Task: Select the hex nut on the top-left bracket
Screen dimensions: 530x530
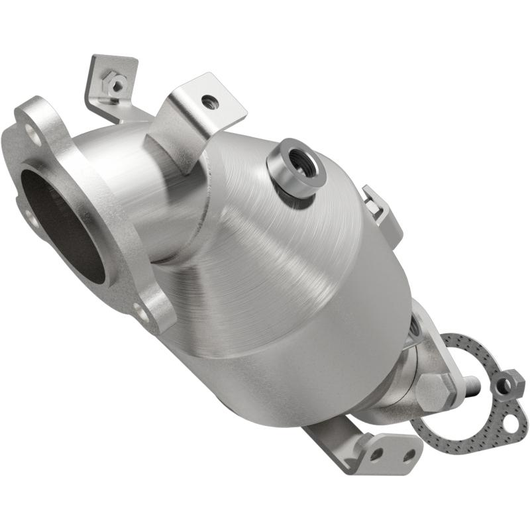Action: point(117,84)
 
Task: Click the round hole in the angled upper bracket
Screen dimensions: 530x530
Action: point(210,101)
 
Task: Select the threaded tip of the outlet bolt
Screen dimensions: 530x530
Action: point(471,384)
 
